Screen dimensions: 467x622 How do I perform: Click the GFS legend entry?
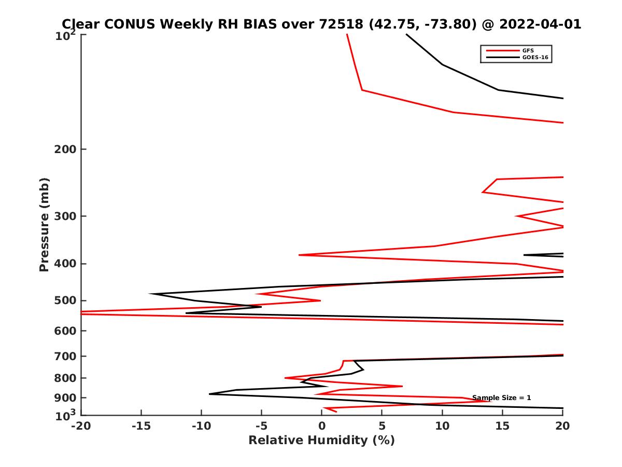pyautogui.click(x=528, y=50)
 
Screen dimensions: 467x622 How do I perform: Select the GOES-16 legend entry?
pyautogui.click(x=534, y=57)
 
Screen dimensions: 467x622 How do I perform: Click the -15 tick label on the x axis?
pyautogui.click(x=141, y=427)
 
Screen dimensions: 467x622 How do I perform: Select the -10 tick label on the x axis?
pyautogui.click(x=201, y=427)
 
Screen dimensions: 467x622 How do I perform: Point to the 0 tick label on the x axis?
pyautogui.click(x=322, y=427)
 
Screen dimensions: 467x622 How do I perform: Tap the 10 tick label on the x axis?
pyautogui.click(x=442, y=427)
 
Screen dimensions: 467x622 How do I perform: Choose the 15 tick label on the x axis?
pyautogui.click(x=502, y=427)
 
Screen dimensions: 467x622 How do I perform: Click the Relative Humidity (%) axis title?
pyautogui.click(x=321, y=441)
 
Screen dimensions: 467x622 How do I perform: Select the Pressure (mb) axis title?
pyautogui.click(x=44, y=225)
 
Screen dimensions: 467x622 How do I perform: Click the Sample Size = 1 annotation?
pyautogui.click(x=501, y=398)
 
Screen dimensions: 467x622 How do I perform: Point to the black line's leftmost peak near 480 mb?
pyautogui.click(x=150, y=294)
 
